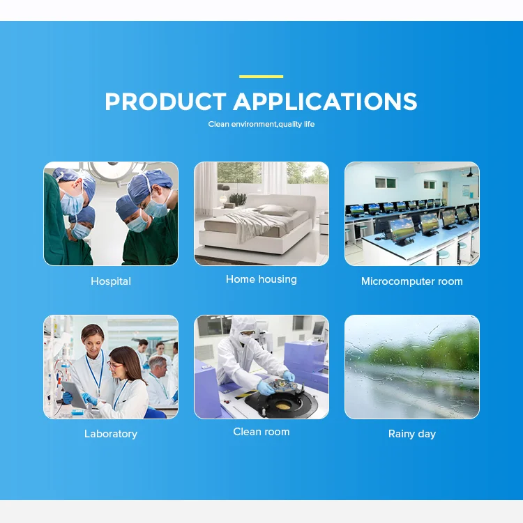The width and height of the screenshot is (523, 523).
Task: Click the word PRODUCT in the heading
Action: (165, 102)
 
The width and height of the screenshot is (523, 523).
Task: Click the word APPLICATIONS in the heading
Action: (325, 102)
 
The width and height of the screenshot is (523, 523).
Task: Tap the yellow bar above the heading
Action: (261, 77)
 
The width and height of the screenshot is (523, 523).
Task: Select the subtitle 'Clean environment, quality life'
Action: (261, 125)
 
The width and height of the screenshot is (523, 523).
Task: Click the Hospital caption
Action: (111, 281)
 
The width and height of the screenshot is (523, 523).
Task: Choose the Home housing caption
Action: (261, 279)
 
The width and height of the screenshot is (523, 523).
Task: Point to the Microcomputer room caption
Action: (411, 281)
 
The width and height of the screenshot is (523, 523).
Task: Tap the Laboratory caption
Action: (111, 434)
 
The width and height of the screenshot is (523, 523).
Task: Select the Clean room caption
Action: (261, 432)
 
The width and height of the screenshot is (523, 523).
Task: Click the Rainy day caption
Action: (411, 434)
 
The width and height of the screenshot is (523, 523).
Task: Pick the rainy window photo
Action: (411, 367)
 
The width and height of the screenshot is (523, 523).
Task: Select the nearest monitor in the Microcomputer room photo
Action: (402, 230)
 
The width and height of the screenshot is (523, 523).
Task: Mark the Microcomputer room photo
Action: (411, 214)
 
